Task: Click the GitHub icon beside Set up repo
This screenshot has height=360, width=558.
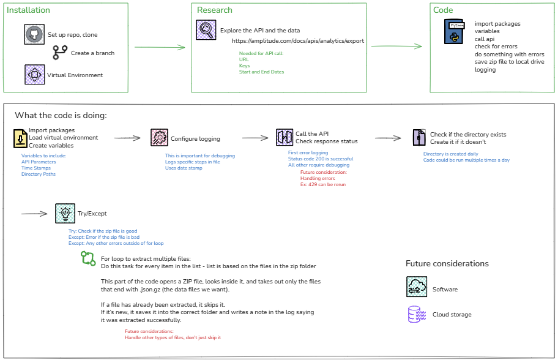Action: tap(35, 35)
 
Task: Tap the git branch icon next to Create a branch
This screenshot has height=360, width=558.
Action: tap(60, 53)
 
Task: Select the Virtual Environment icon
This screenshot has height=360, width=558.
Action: tap(34, 75)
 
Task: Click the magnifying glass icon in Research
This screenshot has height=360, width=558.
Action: tap(206, 30)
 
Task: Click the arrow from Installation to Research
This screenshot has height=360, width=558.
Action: tap(159, 47)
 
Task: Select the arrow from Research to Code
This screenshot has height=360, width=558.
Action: tap(396, 46)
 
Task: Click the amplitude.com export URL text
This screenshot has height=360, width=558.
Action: tap(298, 41)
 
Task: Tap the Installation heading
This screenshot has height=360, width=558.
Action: tap(28, 10)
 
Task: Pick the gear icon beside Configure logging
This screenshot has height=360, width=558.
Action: tap(159, 138)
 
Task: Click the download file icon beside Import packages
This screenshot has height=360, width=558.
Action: tap(20, 138)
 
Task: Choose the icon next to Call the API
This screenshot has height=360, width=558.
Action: tap(284, 137)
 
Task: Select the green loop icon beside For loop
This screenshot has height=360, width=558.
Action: tap(88, 259)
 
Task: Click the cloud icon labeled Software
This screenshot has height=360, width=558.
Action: tap(416, 287)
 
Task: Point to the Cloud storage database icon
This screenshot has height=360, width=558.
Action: tap(415, 314)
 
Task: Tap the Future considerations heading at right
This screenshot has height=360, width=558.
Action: tap(447, 264)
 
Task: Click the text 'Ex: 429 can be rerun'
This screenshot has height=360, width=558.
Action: tap(323, 184)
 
